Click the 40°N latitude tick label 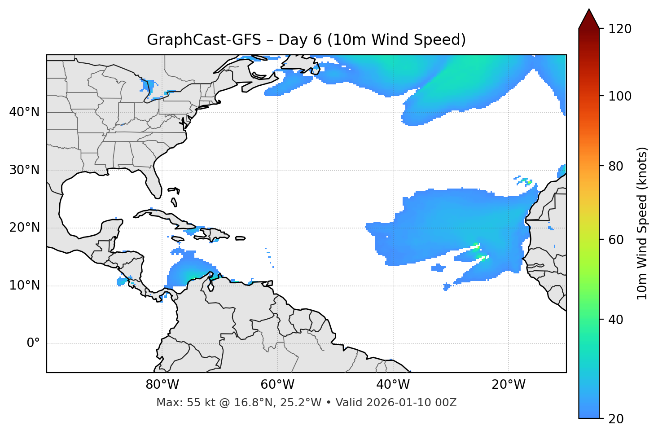click(x=24, y=112)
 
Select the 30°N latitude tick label click(x=24, y=170)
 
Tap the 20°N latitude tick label click(x=24, y=228)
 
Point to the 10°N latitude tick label click(x=24, y=286)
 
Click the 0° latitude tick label click(x=33, y=343)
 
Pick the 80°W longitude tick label click(x=162, y=385)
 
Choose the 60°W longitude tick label click(x=277, y=385)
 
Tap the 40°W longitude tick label click(x=393, y=385)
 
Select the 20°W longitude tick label click(x=508, y=385)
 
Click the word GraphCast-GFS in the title click(x=204, y=40)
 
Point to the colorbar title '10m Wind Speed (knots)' click(x=642, y=224)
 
